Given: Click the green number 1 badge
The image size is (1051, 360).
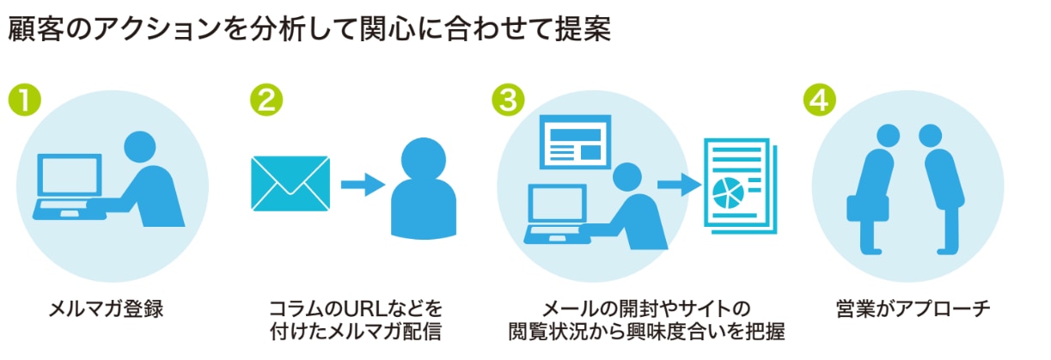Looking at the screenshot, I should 25,100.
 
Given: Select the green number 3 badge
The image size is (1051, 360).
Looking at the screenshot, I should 509,100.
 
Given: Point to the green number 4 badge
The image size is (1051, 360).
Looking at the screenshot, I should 821,100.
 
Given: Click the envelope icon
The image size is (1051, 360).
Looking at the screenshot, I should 290,183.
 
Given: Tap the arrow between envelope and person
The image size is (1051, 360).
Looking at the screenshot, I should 362,183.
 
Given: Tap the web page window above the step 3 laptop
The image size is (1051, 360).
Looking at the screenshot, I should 574,143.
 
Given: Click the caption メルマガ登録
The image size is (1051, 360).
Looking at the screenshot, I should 106,308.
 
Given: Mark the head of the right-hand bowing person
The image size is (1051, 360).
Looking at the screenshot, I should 931,137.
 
